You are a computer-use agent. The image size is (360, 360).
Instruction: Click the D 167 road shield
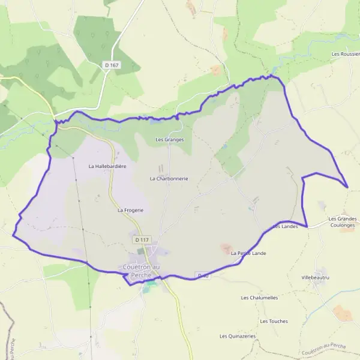112,64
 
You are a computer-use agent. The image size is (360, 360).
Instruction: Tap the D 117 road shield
142,239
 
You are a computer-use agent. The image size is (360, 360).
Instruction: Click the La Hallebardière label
107,166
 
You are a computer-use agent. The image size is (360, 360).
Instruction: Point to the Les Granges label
170,139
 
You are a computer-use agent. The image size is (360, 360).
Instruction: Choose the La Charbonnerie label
169,178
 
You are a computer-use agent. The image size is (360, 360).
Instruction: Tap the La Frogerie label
130,210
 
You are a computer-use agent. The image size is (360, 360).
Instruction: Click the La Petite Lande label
248,253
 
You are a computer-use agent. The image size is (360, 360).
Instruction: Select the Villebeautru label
317,278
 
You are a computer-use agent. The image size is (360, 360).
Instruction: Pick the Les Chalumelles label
260,298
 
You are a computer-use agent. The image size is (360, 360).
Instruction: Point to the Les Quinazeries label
238,336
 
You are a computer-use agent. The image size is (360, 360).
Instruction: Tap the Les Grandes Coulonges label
343,223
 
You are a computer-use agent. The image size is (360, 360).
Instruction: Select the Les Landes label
286,227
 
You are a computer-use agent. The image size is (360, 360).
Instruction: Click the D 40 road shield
202,275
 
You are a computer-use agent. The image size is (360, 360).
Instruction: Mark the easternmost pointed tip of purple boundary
347,187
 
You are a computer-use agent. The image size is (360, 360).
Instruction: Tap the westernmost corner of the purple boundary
13,235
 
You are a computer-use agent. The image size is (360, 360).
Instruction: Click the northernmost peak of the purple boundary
271,75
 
